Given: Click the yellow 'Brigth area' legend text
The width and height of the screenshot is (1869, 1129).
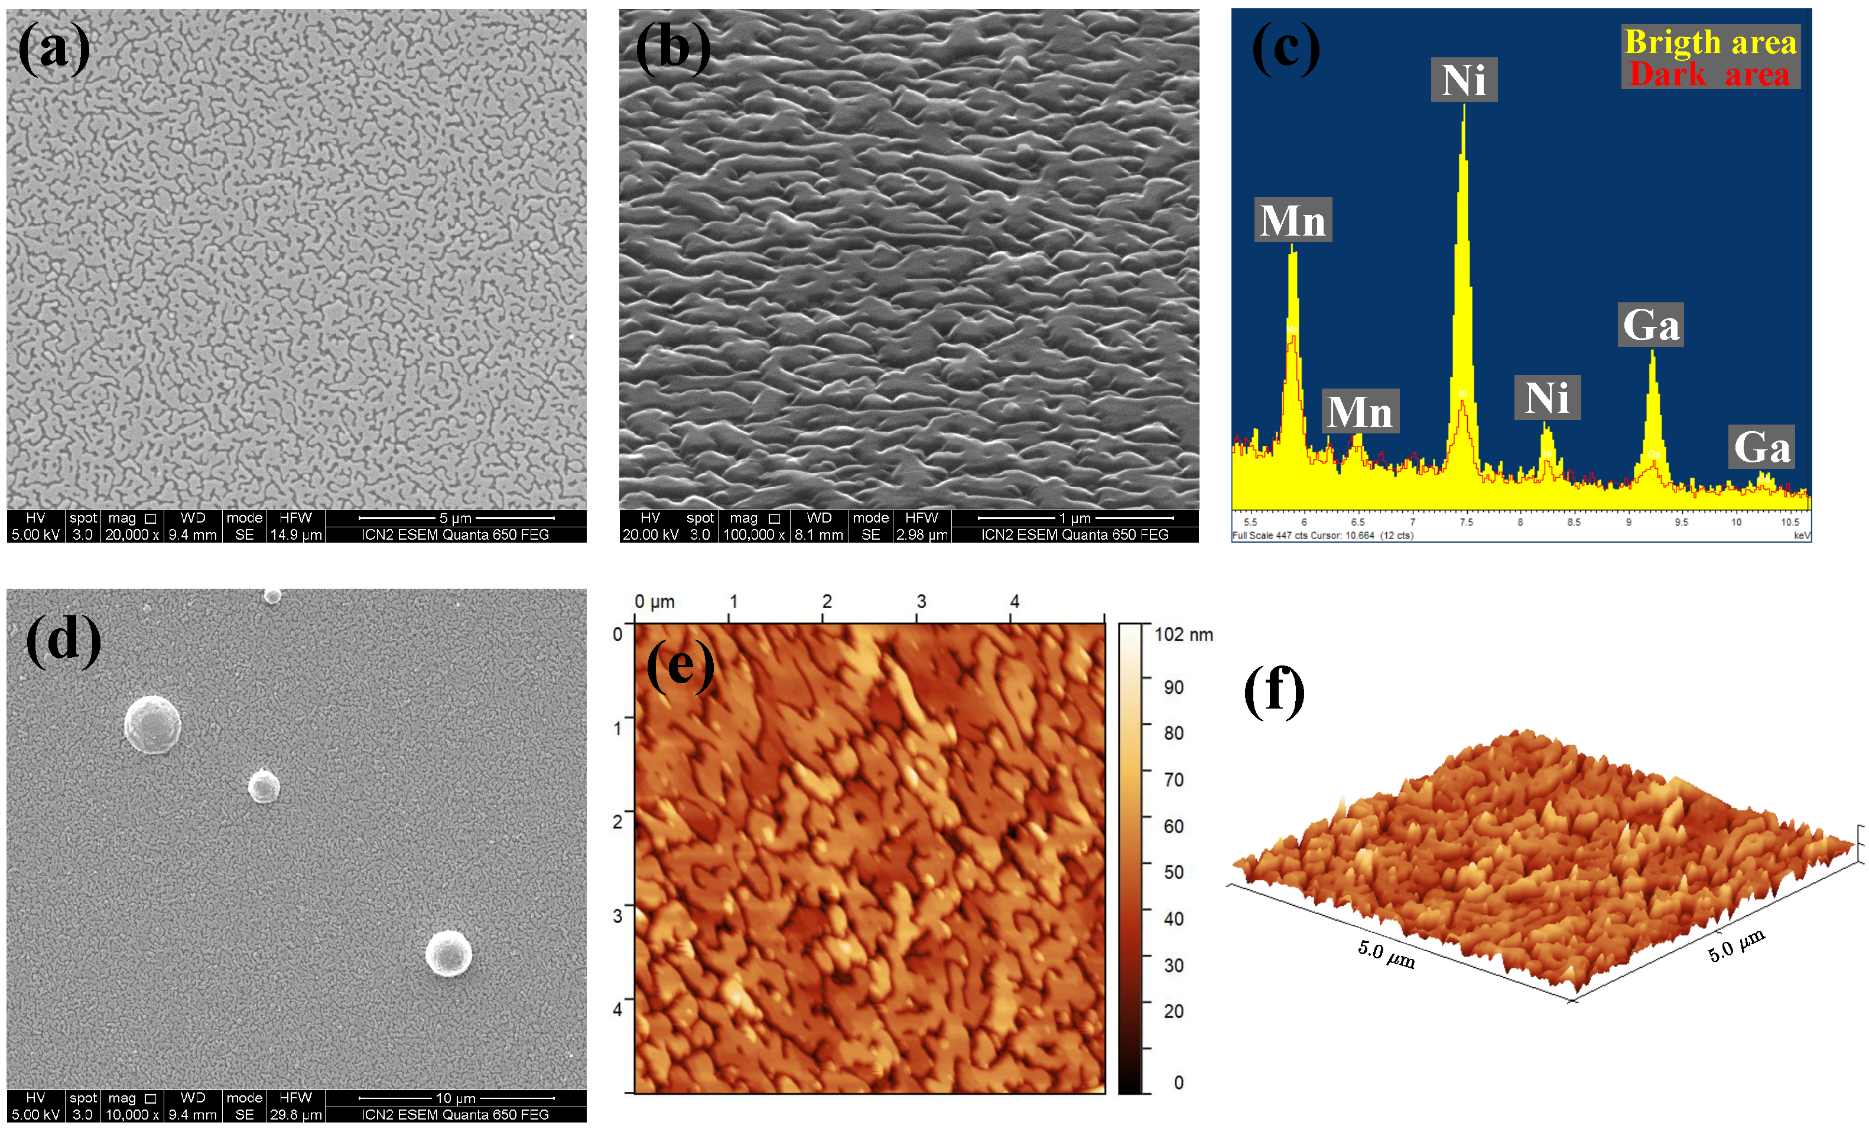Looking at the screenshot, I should click(1709, 42).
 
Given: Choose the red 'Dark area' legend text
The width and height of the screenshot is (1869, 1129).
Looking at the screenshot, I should click(1709, 74).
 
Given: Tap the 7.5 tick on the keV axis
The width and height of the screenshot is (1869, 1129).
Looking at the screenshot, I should click(1465, 521).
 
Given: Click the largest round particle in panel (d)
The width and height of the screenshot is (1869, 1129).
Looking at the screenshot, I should click(152, 724).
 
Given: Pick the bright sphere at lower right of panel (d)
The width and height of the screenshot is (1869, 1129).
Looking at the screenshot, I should click(448, 953).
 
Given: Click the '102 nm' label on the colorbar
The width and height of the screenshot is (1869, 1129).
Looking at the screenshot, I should click(1184, 635).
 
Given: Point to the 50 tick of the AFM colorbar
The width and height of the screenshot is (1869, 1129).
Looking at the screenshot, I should click(1173, 872).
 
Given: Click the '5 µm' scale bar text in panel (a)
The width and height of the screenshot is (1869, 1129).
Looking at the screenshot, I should click(455, 518).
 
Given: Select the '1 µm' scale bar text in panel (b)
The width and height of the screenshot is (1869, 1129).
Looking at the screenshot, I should click(1075, 518).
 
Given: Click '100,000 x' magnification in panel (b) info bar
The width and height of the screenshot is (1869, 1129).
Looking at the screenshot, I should click(753, 534).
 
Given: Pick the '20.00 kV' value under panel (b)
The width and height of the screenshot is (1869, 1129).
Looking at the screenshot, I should click(650, 534).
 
